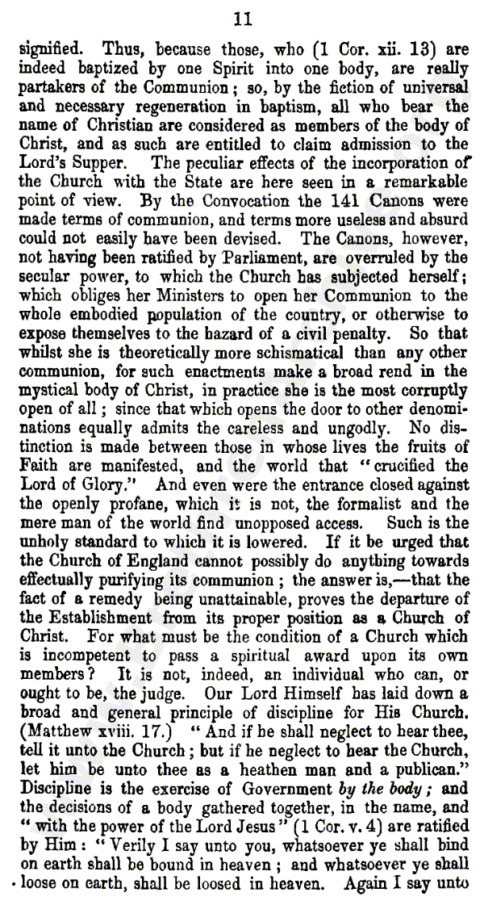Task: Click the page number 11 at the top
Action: pos(241,18)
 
